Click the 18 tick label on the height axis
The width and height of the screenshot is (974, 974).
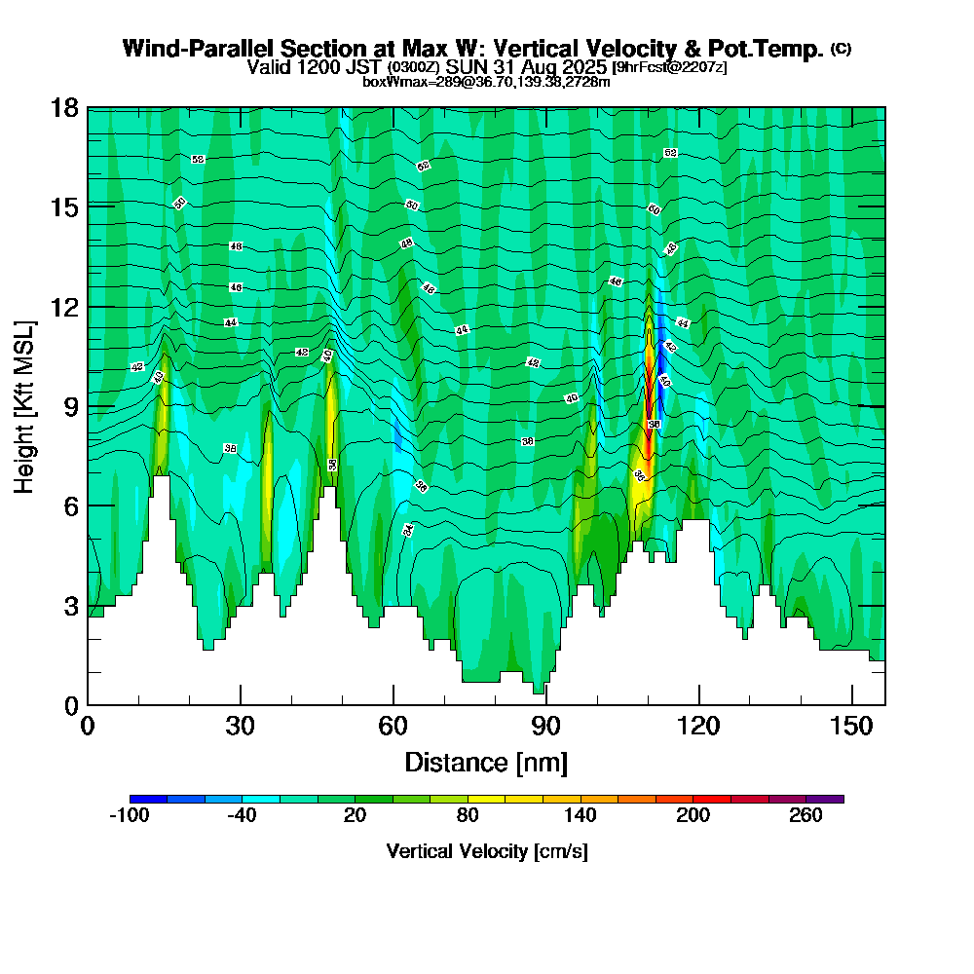64,107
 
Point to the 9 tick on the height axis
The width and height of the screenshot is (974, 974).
88,405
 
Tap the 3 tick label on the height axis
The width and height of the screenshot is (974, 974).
70,605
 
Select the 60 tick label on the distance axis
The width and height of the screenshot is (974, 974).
393,726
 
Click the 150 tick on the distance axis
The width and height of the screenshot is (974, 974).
852,704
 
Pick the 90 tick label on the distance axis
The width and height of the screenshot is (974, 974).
545,726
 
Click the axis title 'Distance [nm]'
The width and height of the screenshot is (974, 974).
486,761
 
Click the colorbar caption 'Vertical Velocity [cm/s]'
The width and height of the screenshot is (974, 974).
486,851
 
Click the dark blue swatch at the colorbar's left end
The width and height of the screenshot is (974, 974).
148,799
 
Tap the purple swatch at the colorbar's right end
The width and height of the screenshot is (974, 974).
825,799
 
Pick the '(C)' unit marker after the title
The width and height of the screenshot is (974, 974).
841,49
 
